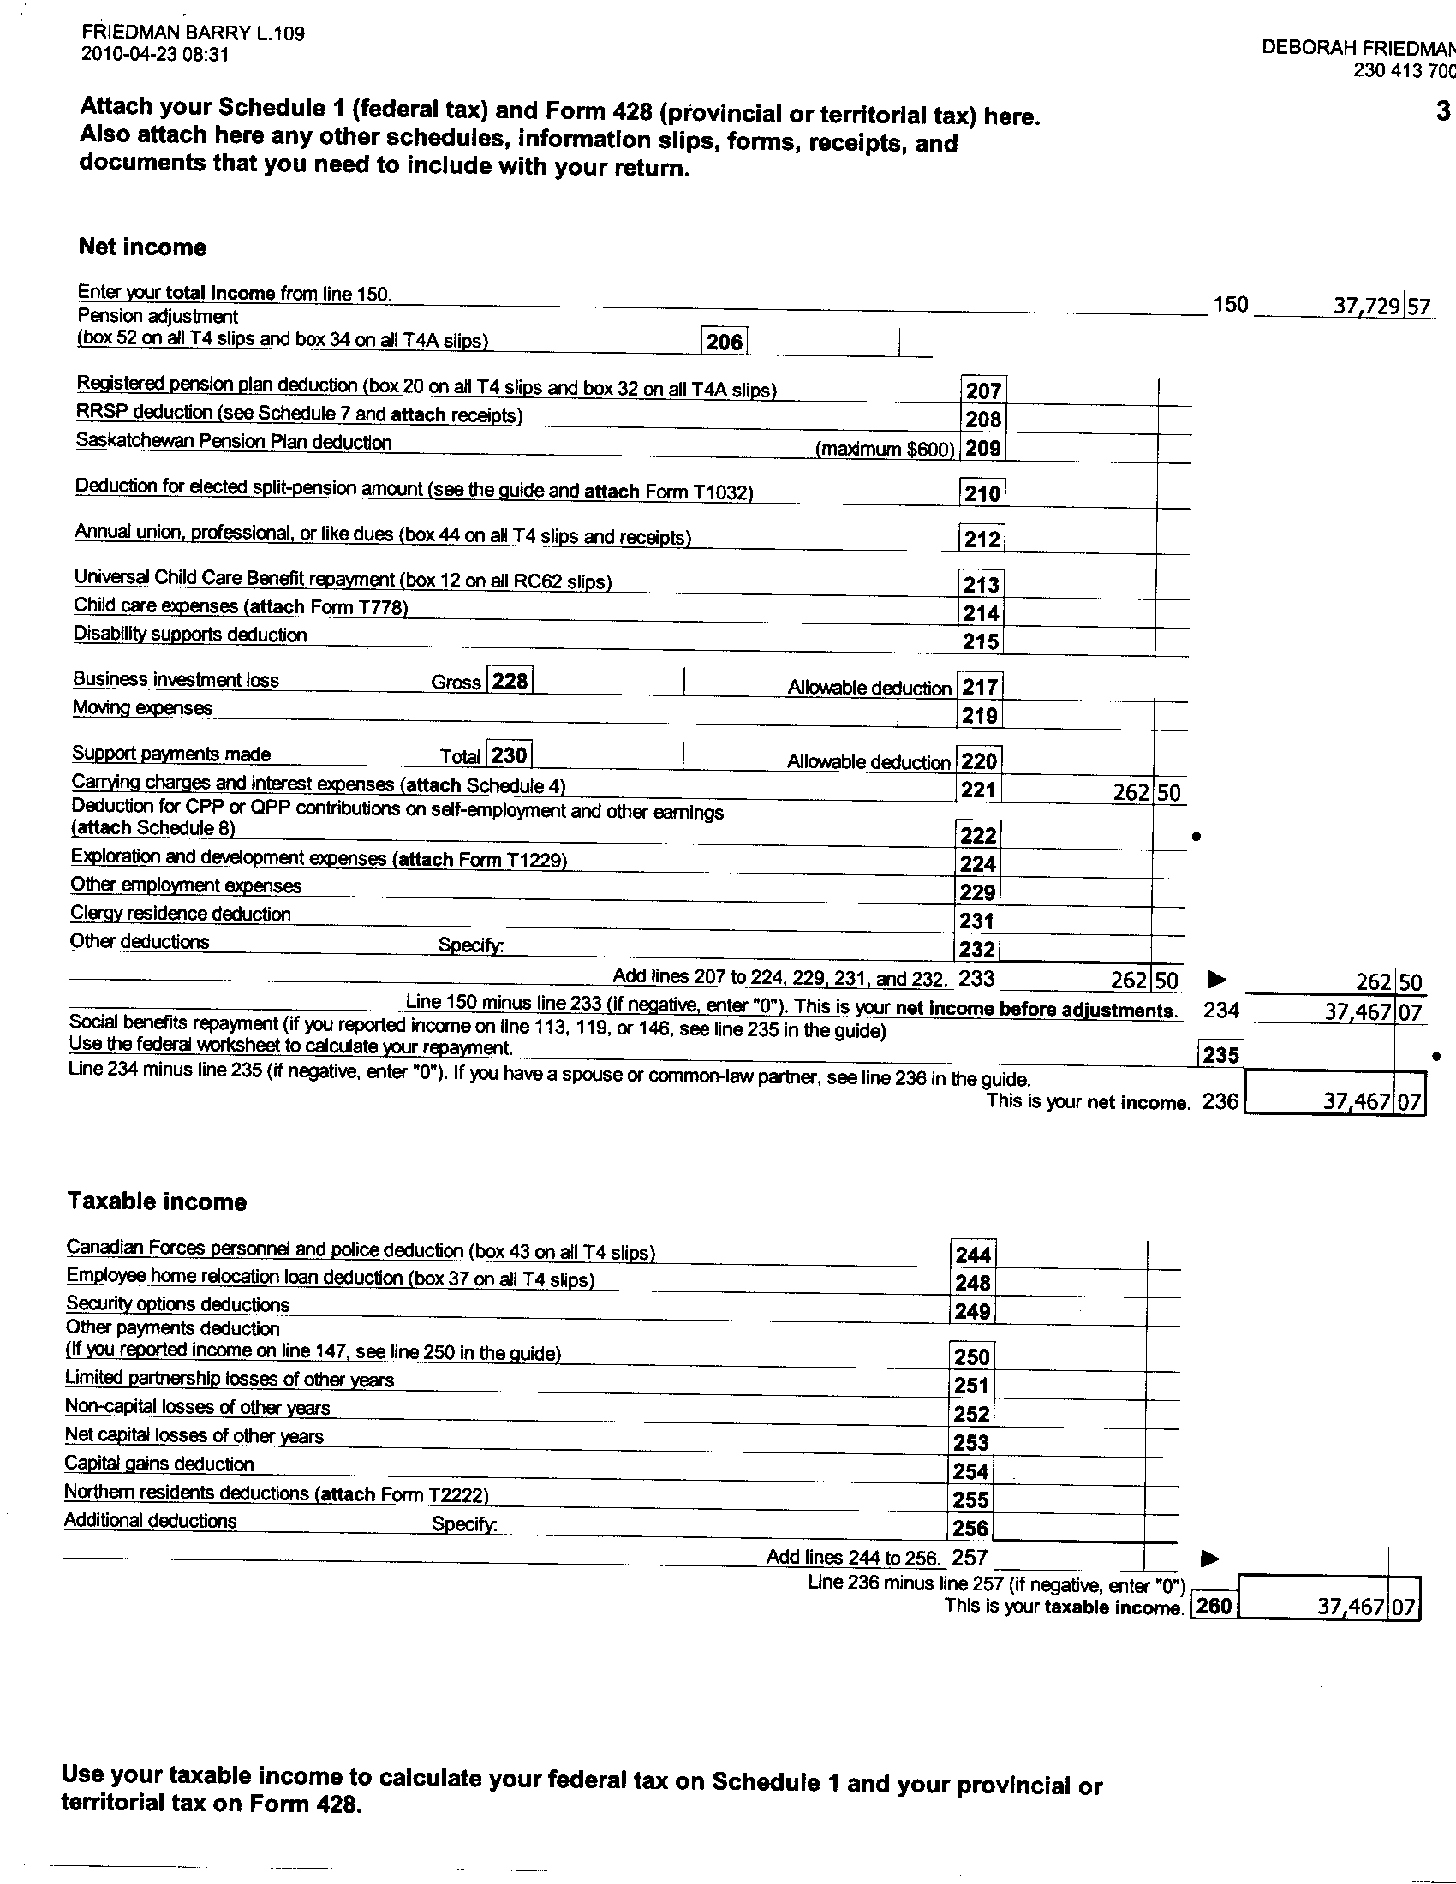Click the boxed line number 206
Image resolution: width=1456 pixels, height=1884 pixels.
pyautogui.click(x=724, y=342)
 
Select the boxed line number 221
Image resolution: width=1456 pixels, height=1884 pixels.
pyautogui.click(x=978, y=790)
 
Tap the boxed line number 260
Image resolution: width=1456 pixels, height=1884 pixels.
pyautogui.click(x=1213, y=1607)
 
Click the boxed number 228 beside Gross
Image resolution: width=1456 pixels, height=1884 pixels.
pyautogui.click(x=510, y=681)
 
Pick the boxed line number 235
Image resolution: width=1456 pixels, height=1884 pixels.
pyautogui.click(x=1220, y=1054)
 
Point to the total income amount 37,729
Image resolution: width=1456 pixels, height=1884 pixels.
pyautogui.click(x=1366, y=306)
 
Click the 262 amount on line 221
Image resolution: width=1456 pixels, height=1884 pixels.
pyautogui.click(x=1131, y=792)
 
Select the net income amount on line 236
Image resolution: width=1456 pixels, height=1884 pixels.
pyautogui.click(x=1357, y=1101)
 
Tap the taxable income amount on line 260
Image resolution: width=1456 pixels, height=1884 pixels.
pyautogui.click(x=1351, y=1607)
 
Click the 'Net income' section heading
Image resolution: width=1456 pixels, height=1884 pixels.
pyautogui.click(x=142, y=247)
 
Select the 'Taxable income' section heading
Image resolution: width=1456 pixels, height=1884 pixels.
pyautogui.click(x=157, y=1201)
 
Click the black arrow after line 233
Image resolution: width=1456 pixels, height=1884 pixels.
pyautogui.click(x=1216, y=979)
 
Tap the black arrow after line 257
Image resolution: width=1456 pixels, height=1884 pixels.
pyautogui.click(x=1210, y=1558)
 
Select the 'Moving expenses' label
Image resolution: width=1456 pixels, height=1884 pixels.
pyautogui.click(x=142, y=708)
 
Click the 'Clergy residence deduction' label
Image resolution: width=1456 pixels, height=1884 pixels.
pyautogui.click(x=180, y=914)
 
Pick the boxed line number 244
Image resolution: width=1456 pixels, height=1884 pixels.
pyautogui.click(x=972, y=1255)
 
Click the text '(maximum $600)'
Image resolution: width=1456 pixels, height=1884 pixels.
pyautogui.click(x=885, y=450)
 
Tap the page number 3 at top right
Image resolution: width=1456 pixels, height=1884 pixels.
pyautogui.click(x=1442, y=111)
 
